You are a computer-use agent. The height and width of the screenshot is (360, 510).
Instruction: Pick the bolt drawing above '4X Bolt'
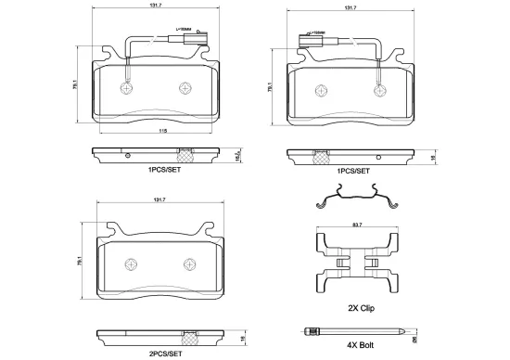click(x=354, y=330)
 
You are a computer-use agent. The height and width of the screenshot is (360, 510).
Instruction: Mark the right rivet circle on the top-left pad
click(x=185, y=89)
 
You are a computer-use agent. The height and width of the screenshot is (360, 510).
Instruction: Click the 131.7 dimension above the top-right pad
click(x=350, y=8)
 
